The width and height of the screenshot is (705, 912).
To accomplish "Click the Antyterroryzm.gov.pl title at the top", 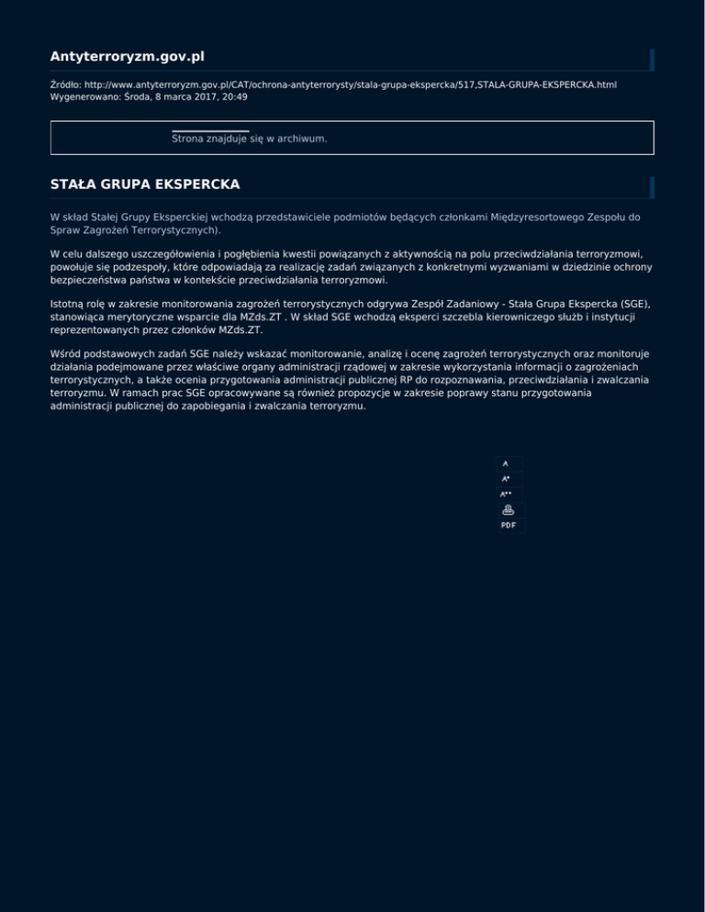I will (127, 58).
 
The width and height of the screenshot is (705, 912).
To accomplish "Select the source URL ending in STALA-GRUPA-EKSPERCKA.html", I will (350, 84).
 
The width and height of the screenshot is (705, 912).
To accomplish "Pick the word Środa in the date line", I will (137, 96).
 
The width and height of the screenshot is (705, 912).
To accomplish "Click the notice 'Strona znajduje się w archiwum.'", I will (250, 139).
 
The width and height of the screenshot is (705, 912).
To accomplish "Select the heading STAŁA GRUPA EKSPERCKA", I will (145, 184).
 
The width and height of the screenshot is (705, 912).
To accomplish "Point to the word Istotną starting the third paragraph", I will (69, 301).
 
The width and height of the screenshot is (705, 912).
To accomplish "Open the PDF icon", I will (508, 526).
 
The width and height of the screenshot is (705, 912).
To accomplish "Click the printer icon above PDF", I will (508, 509).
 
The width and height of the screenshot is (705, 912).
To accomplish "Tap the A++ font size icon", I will (506, 495).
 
